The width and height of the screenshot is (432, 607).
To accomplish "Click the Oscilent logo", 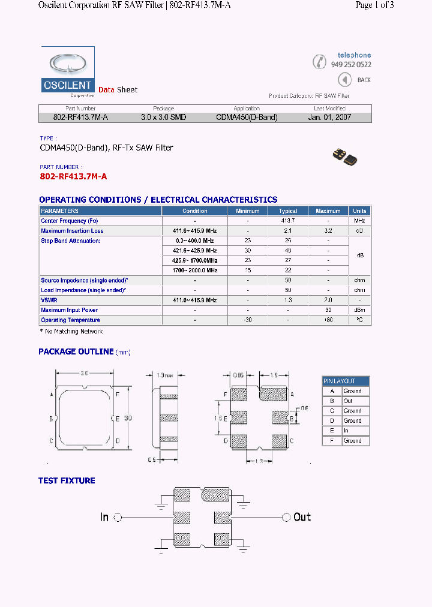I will [x=68, y=73].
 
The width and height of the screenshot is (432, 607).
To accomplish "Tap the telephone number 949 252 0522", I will [x=351, y=65].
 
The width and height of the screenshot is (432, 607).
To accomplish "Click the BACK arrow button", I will [x=344, y=80].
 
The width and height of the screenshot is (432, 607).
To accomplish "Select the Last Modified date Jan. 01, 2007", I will [x=329, y=118].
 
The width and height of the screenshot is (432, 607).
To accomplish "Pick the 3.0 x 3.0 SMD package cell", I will [x=163, y=118].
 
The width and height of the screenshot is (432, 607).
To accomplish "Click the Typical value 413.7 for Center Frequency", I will [x=288, y=221].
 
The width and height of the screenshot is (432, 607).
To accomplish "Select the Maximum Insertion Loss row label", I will [x=72, y=231].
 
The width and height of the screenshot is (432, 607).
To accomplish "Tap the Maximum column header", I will [x=328, y=211].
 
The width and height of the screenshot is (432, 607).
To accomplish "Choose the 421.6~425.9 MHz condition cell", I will [x=195, y=251].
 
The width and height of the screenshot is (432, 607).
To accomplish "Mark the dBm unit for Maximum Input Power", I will [x=359, y=310].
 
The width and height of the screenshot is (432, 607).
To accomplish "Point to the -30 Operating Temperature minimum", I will [x=248, y=320].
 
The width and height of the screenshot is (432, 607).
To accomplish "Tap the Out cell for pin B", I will [x=348, y=401].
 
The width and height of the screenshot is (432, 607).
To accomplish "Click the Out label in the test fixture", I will [x=302, y=516].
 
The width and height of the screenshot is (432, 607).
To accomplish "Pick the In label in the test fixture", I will [x=104, y=516].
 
